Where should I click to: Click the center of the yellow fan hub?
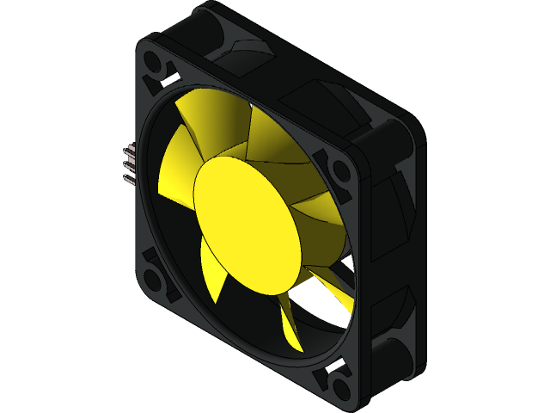pyautogui.click(x=248, y=225)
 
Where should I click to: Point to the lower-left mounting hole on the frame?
pyautogui.click(x=156, y=280)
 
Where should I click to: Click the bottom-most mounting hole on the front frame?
pyautogui.click(x=338, y=379)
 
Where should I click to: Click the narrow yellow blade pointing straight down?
pyautogui.click(x=290, y=323)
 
